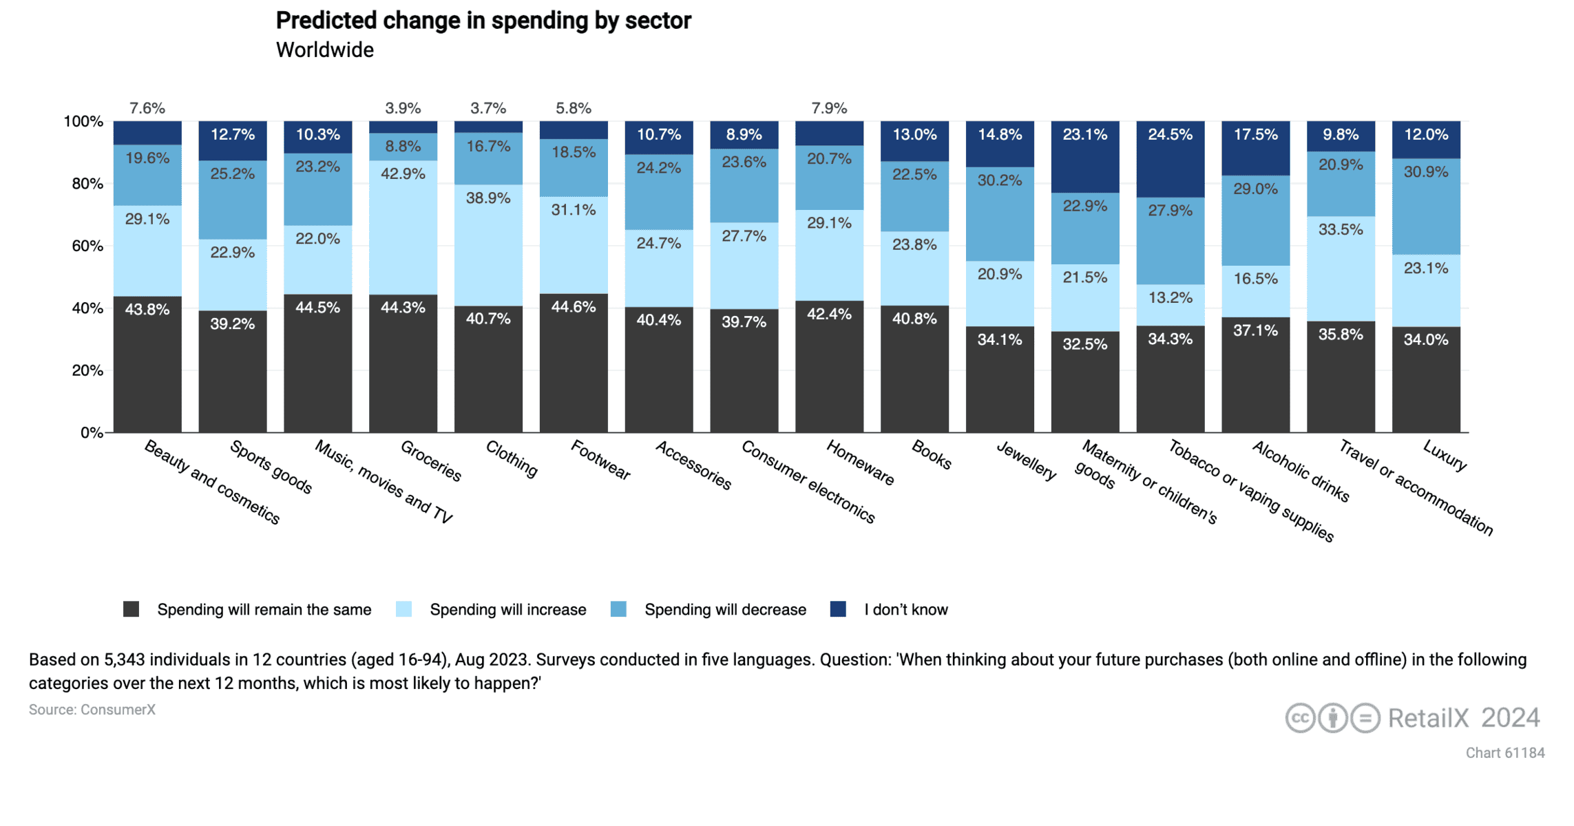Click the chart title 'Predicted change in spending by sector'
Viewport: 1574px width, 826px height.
pos(483,21)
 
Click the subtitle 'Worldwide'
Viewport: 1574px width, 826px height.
pos(324,50)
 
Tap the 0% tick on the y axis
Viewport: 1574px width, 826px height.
pos(92,433)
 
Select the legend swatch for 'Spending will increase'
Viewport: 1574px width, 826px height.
pos(404,610)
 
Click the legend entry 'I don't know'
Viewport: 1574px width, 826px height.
pos(905,610)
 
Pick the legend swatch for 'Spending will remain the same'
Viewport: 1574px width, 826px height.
pos(131,610)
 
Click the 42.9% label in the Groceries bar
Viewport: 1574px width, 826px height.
pos(403,173)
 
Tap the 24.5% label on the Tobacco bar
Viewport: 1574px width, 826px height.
pos(1170,135)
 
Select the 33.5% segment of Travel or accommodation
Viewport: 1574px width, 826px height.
pos(1341,268)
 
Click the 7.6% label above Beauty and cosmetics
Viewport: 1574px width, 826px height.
pos(147,108)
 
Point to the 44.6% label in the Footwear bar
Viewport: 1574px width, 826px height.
pos(574,307)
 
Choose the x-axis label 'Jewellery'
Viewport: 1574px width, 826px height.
pos(1026,460)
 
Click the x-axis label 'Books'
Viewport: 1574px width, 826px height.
pos(932,455)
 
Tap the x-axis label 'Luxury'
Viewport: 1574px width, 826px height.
pos(1445,456)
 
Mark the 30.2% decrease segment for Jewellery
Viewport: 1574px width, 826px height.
pos(1000,213)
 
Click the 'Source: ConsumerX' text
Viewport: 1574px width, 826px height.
pos(92,710)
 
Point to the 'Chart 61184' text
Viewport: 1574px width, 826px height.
pos(1504,753)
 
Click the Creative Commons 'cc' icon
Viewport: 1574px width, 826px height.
pos(1300,718)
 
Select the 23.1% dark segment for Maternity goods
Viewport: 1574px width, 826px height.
pos(1085,157)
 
